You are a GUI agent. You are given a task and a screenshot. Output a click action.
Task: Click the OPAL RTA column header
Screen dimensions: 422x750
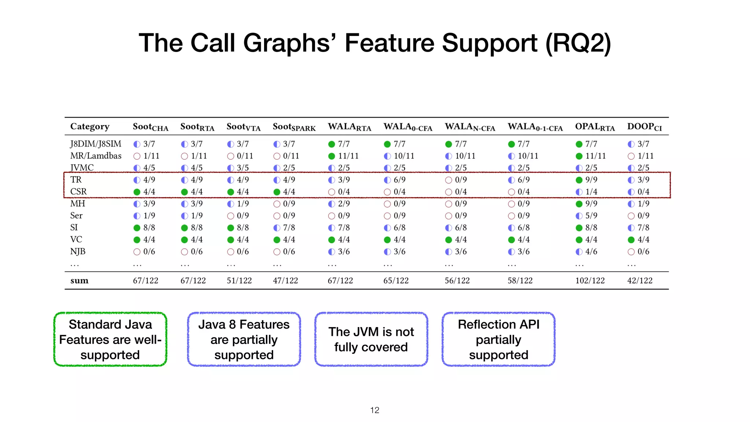click(x=595, y=127)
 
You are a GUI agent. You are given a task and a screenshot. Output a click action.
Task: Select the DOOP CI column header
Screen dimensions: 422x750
click(x=644, y=127)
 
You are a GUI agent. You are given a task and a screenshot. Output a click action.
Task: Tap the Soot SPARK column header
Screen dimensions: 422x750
click(x=294, y=127)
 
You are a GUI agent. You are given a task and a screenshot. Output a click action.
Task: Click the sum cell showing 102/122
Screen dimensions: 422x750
click(x=590, y=281)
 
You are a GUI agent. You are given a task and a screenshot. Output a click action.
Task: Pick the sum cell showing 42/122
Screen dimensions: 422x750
click(x=640, y=281)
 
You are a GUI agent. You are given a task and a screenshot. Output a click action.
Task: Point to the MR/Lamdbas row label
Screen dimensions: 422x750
click(x=96, y=156)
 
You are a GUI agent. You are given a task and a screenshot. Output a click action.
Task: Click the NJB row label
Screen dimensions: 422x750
click(x=78, y=252)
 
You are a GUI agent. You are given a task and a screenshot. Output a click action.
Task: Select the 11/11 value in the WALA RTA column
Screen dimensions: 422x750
click(x=348, y=156)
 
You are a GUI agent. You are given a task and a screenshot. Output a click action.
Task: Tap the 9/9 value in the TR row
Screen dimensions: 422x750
click(x=591, y=180)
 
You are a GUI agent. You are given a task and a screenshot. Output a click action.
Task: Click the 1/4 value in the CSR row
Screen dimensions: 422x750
click(x=591, y=192)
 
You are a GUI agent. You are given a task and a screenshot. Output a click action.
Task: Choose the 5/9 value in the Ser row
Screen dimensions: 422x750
click(x=591, y=216)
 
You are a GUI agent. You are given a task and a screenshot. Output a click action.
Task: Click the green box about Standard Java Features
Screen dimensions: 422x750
click(x=110, y=339)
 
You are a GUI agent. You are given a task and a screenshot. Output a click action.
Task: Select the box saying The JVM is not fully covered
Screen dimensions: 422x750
click(x=371, y=339)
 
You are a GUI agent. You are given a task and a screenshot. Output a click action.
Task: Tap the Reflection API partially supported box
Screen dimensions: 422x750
click(x=498, y=339)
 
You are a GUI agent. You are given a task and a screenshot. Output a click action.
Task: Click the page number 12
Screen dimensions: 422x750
click(x=375, y=410)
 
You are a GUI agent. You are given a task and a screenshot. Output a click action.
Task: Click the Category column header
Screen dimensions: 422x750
click(x=90, y=127)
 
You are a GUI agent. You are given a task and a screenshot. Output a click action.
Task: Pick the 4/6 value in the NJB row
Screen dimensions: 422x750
click(x=591, y=252)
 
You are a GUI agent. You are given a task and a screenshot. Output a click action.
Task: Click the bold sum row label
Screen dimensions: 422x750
click(x=79, y=281)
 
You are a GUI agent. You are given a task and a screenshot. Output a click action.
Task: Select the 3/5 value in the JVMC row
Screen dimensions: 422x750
click(x=242, y=168)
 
